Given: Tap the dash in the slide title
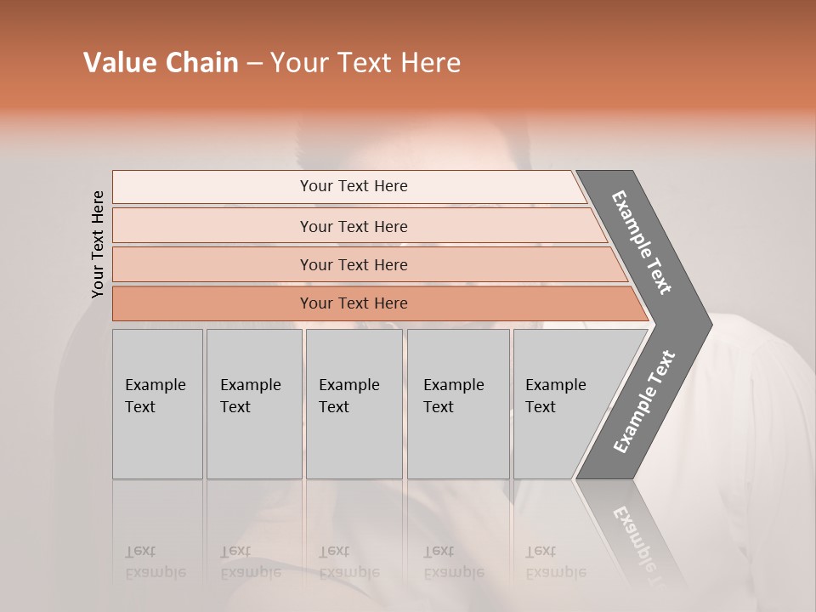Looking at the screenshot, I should click(254, 64).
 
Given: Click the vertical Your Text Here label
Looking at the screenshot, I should click(98, 244).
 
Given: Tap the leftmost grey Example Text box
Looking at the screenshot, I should click(157, 404).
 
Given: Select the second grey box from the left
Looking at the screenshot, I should click(253, 404).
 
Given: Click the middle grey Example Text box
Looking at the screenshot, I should click(354, 404).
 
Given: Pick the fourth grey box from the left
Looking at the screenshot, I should click(457, 404).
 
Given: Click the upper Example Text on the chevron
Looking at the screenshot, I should click(642, 242).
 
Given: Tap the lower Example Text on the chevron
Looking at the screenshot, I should click(644, 401).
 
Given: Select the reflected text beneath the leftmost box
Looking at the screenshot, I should click(155, 562).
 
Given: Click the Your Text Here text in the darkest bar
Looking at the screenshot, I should click(354, 303).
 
